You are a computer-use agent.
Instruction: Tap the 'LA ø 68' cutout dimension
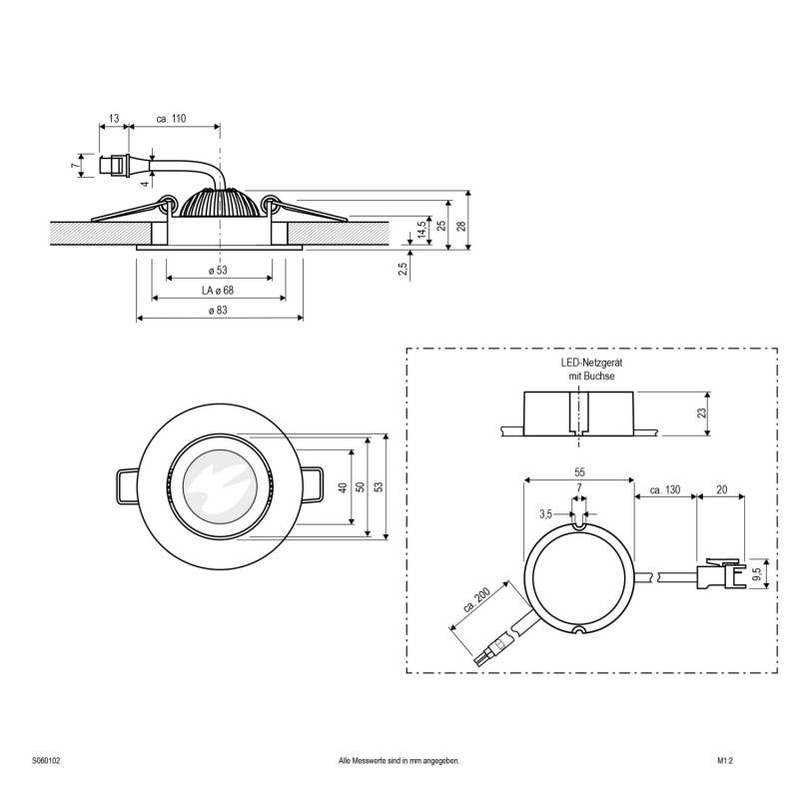(x=217, y=290)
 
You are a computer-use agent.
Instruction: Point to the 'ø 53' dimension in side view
(x=217, y=270)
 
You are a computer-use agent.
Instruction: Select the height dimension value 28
(x=462, y=226)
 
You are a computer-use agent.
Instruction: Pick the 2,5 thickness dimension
(x=401, y=269)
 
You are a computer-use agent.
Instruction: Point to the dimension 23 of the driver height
(x=702, y=411)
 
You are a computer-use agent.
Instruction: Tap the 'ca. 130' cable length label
(x=664, y=489)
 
